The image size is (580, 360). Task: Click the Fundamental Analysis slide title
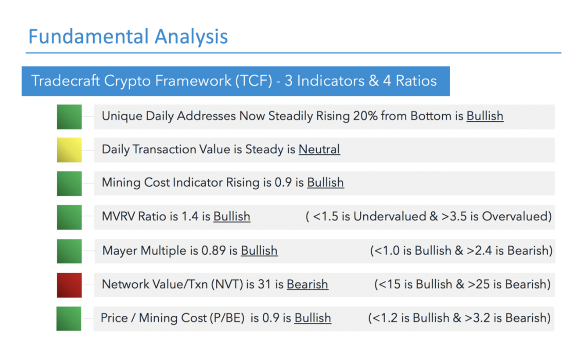(x=128, y=37)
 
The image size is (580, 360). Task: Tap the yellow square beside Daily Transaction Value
(x=69, y=150)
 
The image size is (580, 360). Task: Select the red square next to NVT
(x=69, y=285)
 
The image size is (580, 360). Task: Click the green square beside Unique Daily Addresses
(x=69, y=117)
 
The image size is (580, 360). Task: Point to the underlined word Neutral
(x=319, y=149)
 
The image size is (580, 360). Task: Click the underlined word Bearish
(x=307, y=284)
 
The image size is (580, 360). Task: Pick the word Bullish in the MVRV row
(x=232, y=216)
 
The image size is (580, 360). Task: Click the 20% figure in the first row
(x=365, y=116)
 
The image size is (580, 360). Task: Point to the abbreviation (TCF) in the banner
(x=256, y=81)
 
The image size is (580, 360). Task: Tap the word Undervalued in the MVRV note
(x=390, y=216)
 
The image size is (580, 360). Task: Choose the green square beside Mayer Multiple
(x=69, y=251)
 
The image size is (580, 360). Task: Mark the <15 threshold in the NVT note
(x=390, y=284)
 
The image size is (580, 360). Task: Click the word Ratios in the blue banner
(x=416, y=81)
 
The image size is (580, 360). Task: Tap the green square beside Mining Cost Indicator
(x=69, y=184)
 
